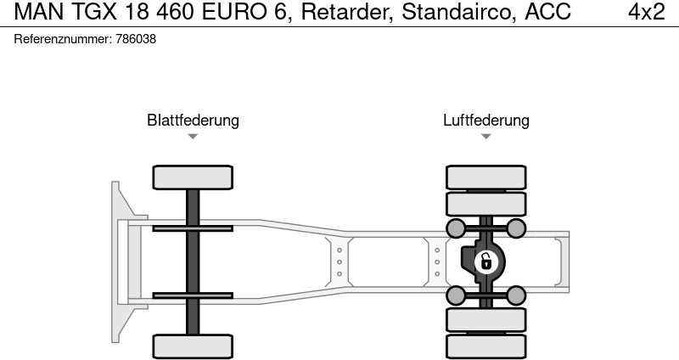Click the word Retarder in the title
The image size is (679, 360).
(x=347, y=12)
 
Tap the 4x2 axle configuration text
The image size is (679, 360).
(x=647, y=12)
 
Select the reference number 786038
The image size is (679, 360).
(x=136, y=39)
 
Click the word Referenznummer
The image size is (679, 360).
(x=63, y=39)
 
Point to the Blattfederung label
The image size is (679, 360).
(x=194, y=120)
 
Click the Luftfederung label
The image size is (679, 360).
(x=485, y=120)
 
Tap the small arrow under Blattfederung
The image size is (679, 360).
(x=193, y=136)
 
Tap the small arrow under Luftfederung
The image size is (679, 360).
(x=485, y=136)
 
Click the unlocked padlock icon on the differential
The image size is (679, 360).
(x=486, y=262)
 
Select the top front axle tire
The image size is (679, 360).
(x=193, y=177)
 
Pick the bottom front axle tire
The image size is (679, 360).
(x=193, y=346)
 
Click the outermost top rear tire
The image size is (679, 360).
(x=485, y=177)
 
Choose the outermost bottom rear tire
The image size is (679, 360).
(x=485, y=346)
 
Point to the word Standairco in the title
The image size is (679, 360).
(x=458, y=12)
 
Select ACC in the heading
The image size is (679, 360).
(x=547, y=12)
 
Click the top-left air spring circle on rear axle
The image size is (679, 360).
(x=456, y=228)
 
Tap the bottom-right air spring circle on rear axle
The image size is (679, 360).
(x=516, y=295)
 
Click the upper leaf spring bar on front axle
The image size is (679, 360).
(x=193, y=228)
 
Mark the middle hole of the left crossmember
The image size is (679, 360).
(x=339, y=262)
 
